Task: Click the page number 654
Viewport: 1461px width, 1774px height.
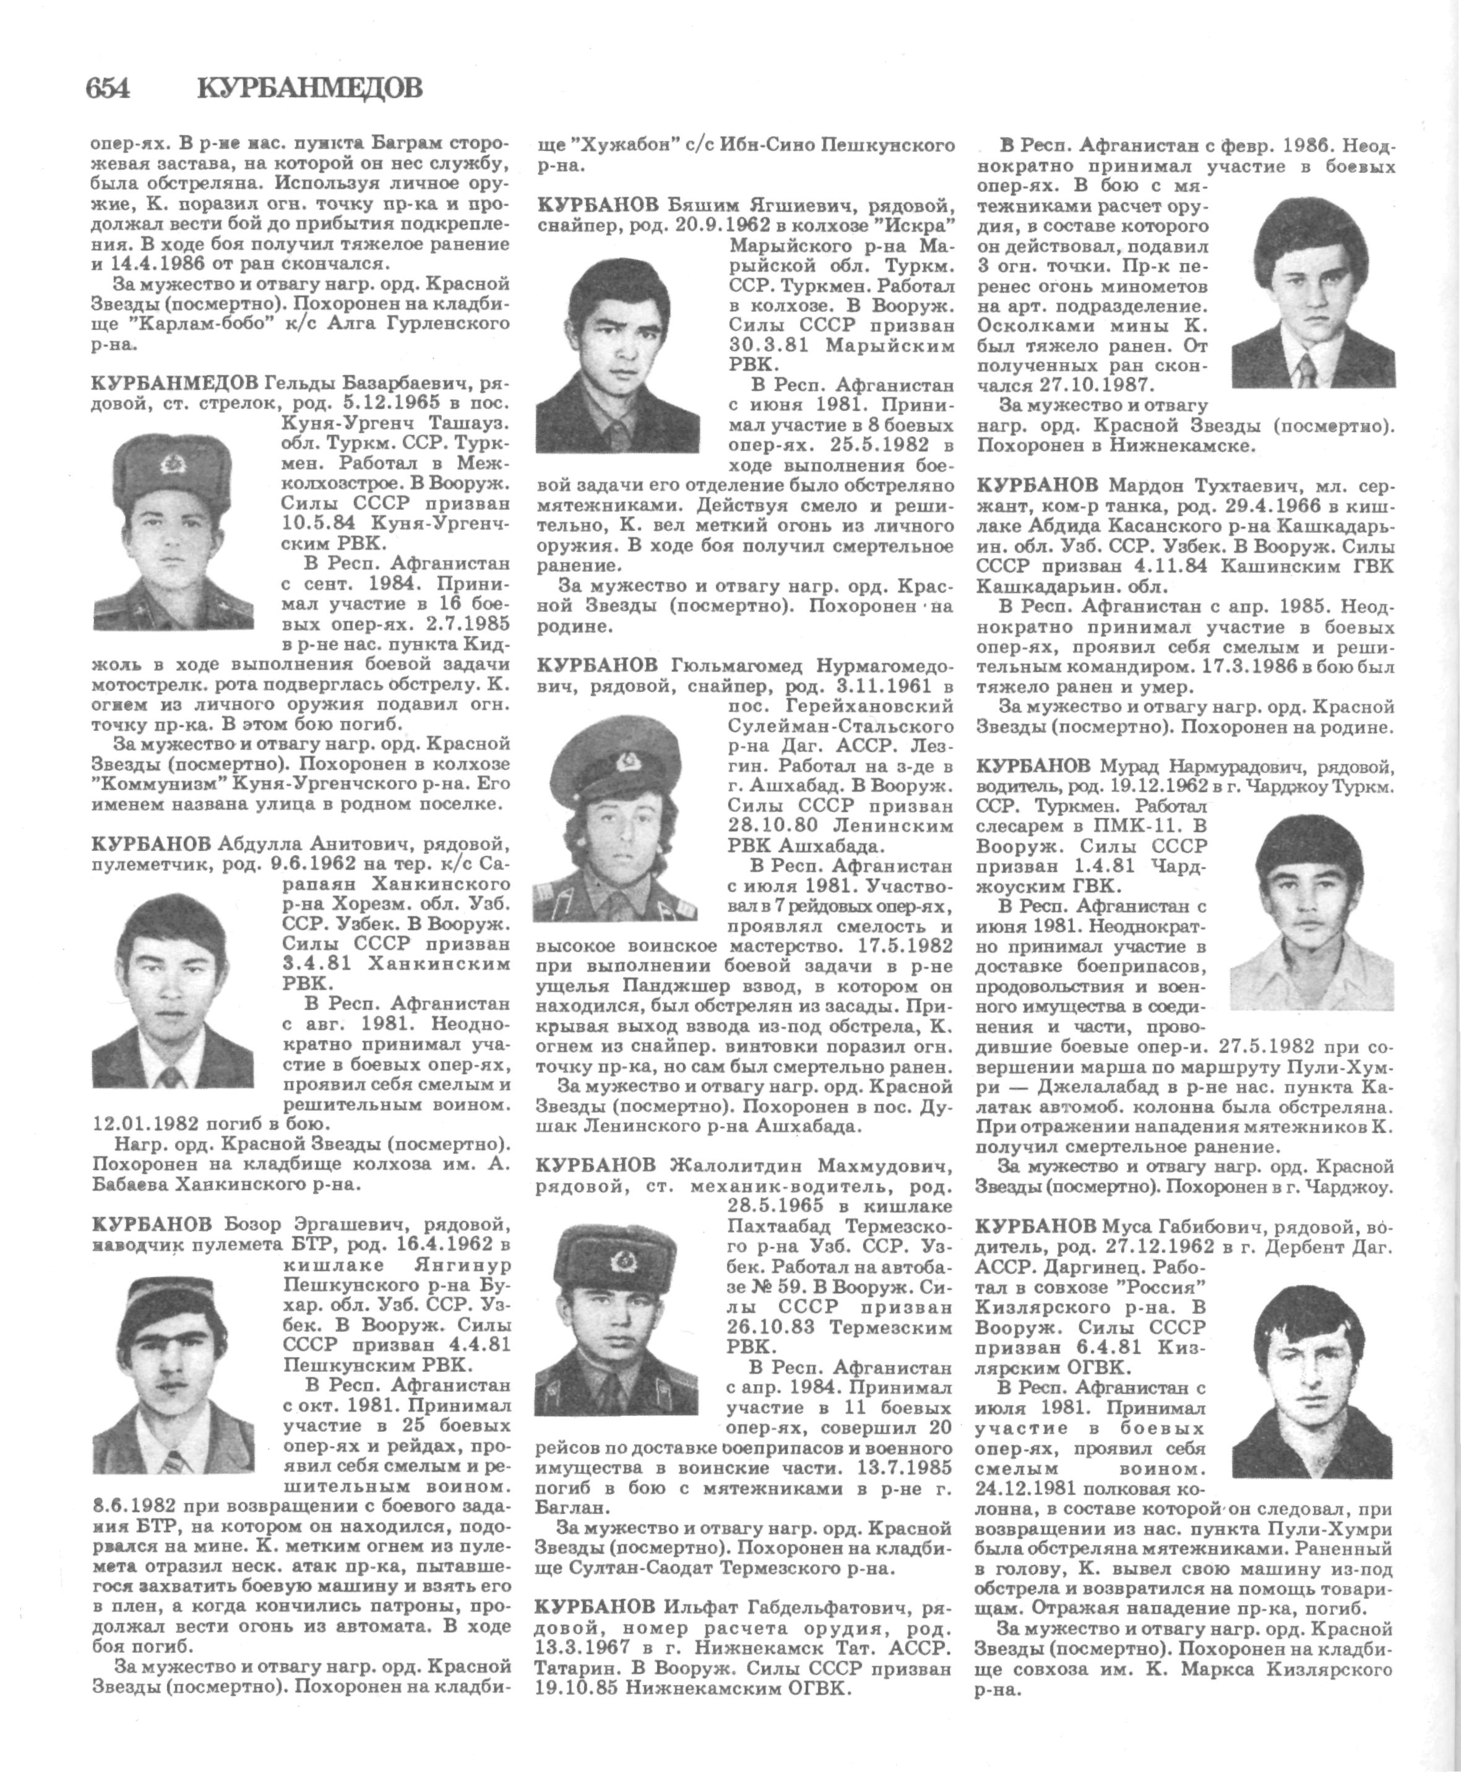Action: (108, 87)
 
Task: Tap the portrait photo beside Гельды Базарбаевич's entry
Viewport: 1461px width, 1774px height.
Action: (173, 532)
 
